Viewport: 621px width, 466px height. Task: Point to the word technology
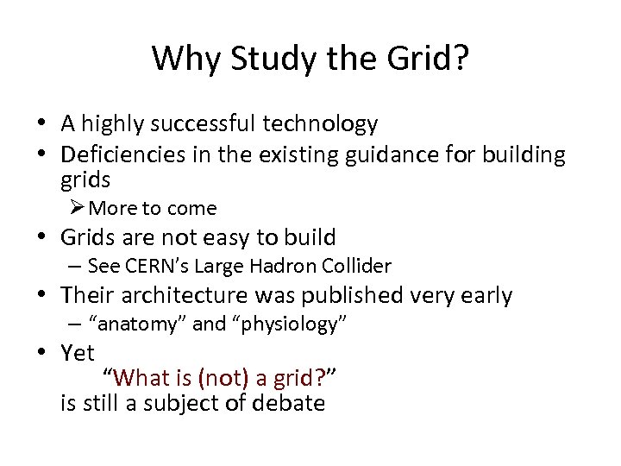322,125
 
